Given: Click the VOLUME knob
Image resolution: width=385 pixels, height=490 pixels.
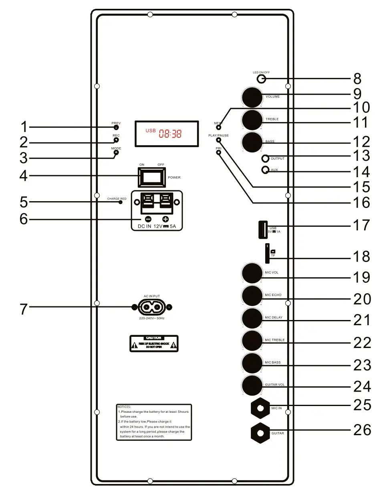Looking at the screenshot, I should (x=252, y=97).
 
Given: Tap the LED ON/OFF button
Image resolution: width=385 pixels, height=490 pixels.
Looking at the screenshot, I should (x=262, y=79).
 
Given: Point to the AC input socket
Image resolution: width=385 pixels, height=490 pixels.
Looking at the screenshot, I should (x=151, y=307).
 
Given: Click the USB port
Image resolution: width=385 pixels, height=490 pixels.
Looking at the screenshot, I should (x=262, y=230).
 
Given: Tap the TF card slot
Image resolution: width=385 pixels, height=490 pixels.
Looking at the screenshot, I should (x=267, y=254).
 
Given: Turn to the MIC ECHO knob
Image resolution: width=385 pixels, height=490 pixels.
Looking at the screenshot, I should (x=252, y=296).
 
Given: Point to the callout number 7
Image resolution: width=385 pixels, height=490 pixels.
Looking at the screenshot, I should (x=24, y=309).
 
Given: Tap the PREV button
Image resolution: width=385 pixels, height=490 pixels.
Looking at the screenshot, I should (x=116, y=128).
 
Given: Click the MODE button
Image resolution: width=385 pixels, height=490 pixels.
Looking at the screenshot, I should (x=116, y=152).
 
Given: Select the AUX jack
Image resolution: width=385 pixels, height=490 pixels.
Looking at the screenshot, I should (x=265, y=170).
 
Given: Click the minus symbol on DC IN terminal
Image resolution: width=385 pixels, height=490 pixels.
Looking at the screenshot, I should (x=148, y=219).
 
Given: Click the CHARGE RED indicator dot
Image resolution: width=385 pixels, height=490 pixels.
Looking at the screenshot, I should (x=120, y=202).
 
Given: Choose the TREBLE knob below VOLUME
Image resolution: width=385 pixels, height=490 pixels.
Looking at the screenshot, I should (x=252, y=119).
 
